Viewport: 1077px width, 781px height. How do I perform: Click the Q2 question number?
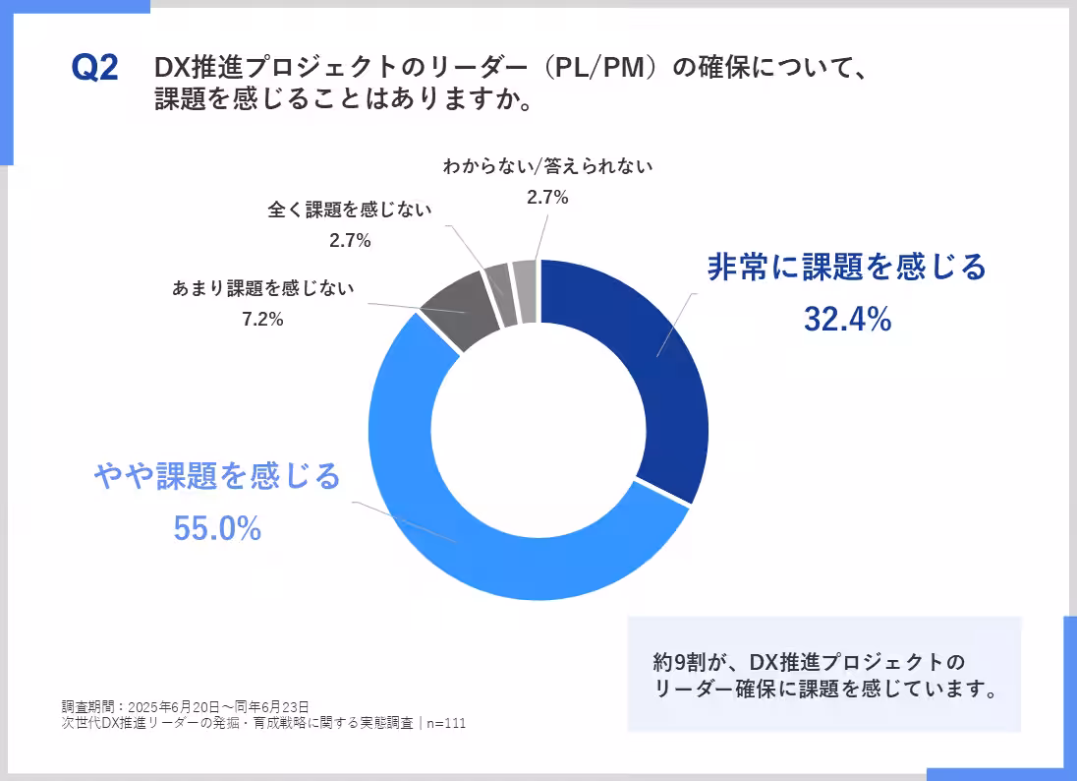click(x=95, y=69)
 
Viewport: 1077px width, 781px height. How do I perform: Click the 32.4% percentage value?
click(x=847, y=319)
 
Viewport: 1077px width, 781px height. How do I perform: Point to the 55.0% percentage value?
click(x=217, y=529)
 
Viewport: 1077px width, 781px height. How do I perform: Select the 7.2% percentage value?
click(x=262, y=319)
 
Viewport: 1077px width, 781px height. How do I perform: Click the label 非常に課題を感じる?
click(x=846, y=267)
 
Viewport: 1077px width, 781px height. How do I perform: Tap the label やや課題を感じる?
click(x=217, y=476)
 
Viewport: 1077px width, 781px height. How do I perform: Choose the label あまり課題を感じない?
click(x=263, y=289)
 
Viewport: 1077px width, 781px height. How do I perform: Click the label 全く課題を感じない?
click(x=350, y=210)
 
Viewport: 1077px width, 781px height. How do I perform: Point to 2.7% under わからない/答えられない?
click(x=547, y=197)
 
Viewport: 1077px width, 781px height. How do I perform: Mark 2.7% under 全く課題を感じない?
click(x=350, y=240)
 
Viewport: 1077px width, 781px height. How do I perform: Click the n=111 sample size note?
click(x=444, y=723)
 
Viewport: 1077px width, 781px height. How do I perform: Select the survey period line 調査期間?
click(x=186, y=706)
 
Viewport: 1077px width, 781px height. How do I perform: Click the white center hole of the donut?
click(x=538, y=431)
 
